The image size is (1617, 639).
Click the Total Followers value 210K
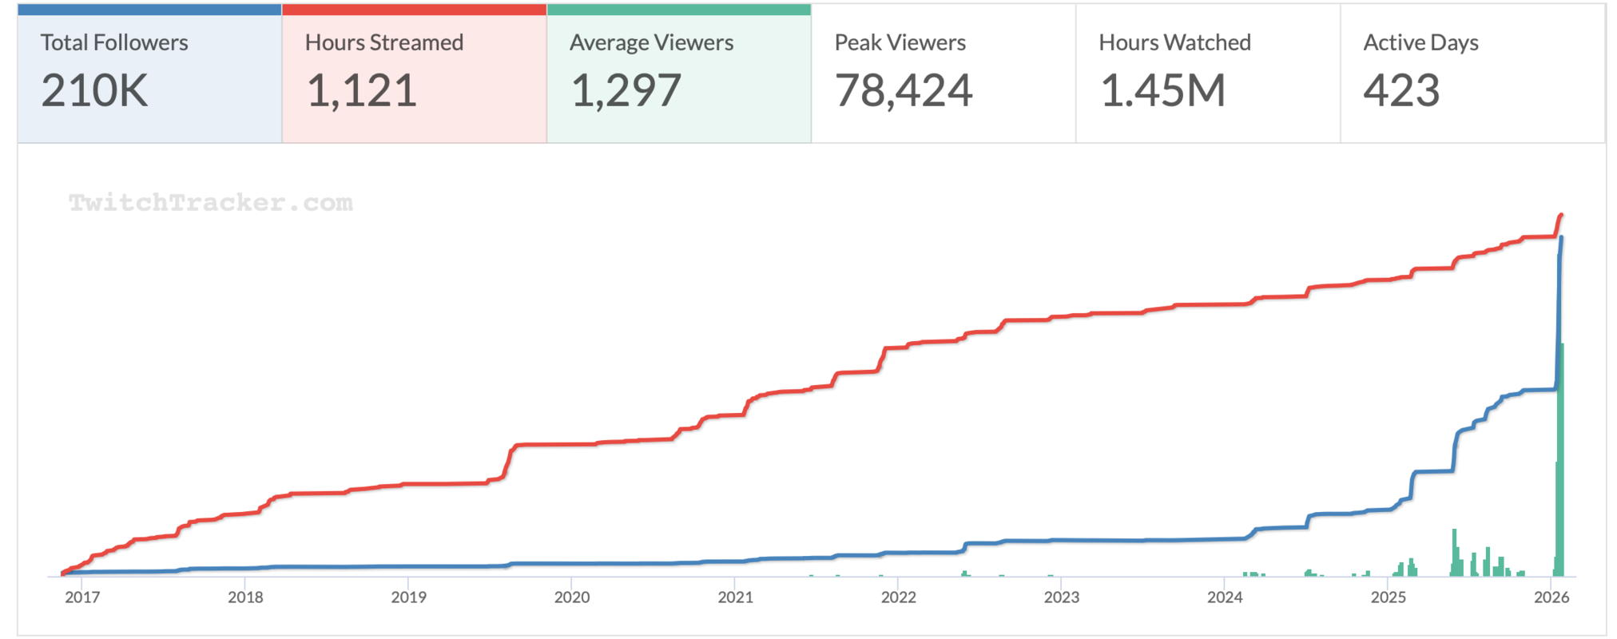[x=94, y=90]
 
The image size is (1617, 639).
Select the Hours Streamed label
[x=383, y=42]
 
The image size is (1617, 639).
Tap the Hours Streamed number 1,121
[x=361, y=90]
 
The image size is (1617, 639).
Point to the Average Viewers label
[x=651, y=42]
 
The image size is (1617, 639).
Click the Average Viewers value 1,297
[x=626, y=90]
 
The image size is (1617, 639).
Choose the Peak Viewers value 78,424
[x=903, y=90]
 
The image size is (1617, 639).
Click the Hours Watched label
[x=1174, y=42]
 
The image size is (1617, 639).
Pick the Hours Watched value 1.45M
[x=1162, y=90]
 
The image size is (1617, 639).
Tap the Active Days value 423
[x=1401, y=90]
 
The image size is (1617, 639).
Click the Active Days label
[x=1420, y=42]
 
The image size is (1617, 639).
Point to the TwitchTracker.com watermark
[x=210, y=203]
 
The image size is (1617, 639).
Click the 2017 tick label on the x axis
[x=82, y=597]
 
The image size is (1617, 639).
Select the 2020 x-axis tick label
[x=572, y=597]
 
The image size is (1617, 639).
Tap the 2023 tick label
[x=1061, y=597]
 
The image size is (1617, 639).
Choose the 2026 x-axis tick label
[x=1551, y=597]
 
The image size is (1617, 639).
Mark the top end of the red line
[x=1561, y=215]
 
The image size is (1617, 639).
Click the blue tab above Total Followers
[x=149, y=10]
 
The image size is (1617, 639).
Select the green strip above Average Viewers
[x=679, y=10]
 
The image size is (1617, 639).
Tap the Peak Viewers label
[x=900, y=42]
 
